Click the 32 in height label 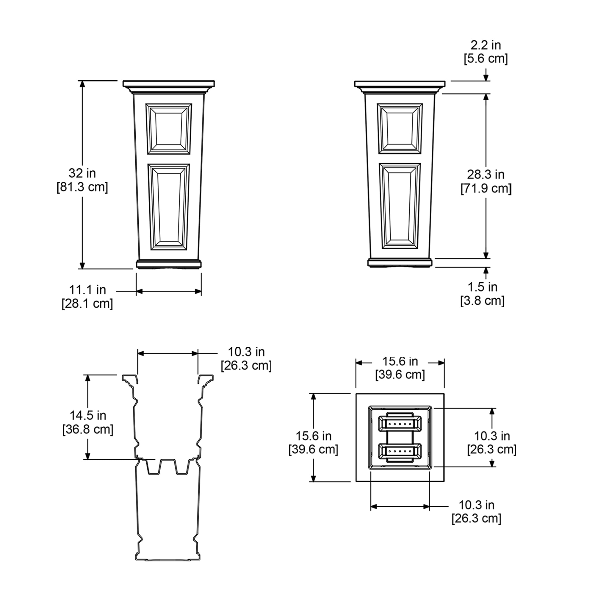tap(82, 173)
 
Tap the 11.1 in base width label tap(87, 290)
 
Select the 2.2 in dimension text tap(486, 45)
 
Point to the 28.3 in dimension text tap(486, 175)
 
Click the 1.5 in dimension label tap(483, 287)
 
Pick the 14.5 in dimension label tap(88, 415)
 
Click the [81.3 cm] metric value tap(82, 187)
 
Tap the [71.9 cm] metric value tap(486, 188)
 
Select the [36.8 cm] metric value tap(88, 429)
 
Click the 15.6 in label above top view tap(400, 361)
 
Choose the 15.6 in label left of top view tap(314, 436)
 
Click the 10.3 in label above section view tap(246, 352)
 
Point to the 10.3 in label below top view tap(476, 505)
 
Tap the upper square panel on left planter tap(169, 129)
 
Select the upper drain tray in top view tap(400, 424)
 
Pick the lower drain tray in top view tap(400, 452)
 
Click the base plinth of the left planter tap(169, 264)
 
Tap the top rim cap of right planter tap(400, 84)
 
